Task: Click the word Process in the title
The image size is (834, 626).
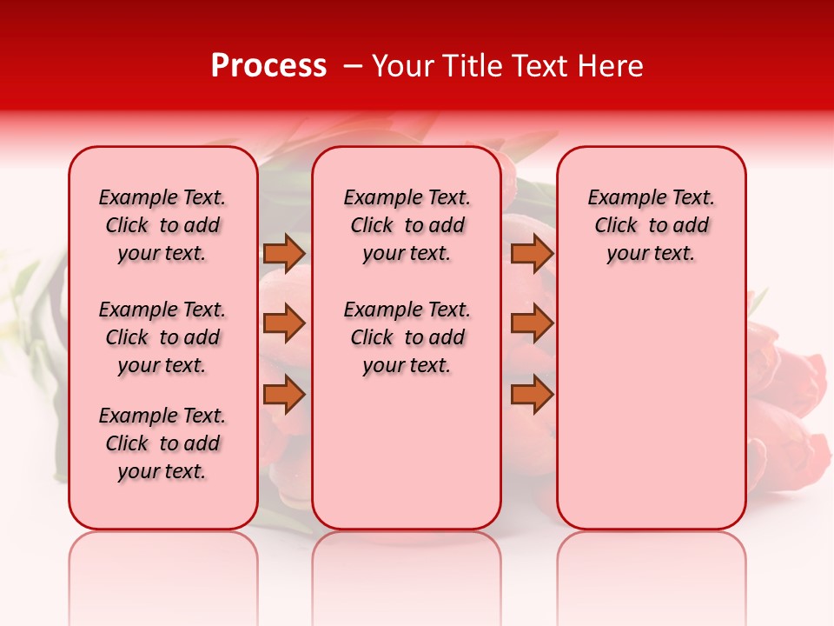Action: click(268, 66)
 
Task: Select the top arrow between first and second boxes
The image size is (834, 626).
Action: click(284, 253)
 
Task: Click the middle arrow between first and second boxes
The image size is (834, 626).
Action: click(284, 323)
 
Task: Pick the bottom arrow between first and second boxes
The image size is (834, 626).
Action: click(284, 395)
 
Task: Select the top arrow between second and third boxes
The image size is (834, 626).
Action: click(532, 253)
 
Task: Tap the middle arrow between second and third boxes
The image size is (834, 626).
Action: click(532, 323)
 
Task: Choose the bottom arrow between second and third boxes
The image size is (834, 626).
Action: click(532, 395)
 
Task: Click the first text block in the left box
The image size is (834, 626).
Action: click(162, 225)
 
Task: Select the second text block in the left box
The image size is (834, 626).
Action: click(162, 337)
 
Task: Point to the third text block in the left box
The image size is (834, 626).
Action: click(162, 443)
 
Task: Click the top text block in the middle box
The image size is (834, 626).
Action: click(407, 225)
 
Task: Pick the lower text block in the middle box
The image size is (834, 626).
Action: click(407, 337)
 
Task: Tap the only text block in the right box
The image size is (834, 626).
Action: click(652, 225)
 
